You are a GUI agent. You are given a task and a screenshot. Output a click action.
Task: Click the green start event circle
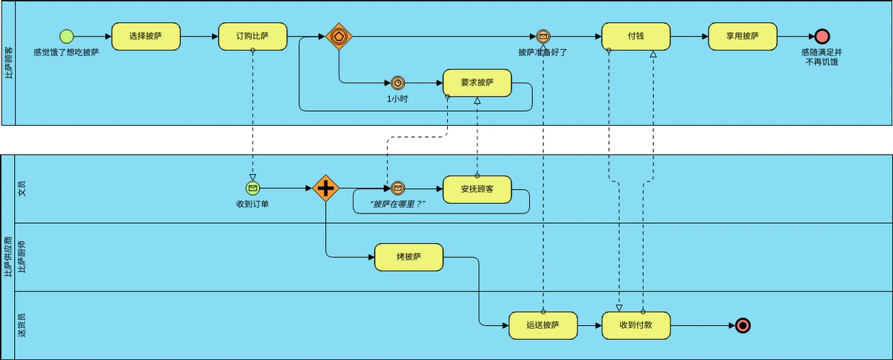pyautogui.click(x=66, y=36)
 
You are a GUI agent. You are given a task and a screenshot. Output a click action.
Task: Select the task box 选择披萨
pyautogui.click(x=146, y=36)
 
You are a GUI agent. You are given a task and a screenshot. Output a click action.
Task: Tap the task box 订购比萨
pyautogui.click(x=252, y=36)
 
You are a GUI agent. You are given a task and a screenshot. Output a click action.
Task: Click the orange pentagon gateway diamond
pyautogui.click(x=339, y=36)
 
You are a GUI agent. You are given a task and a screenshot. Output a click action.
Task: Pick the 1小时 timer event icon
pyautogui.click(x=397, y=83)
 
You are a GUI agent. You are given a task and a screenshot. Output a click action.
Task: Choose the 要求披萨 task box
pyautogui.click(x=477, y=83)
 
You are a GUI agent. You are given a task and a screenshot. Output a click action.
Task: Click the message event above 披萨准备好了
pyautogui.click(x=543, y=36)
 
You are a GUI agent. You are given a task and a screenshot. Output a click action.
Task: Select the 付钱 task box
pyautogui.click(x=636, y=36)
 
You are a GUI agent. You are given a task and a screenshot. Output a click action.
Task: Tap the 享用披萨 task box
pyautogui.click(x=743, y=36)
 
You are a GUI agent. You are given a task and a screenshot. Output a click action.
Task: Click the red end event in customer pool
pyautogui.click(x=822, y=36)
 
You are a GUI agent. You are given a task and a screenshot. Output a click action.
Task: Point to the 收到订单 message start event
pyautogui.click(x=252, y=188)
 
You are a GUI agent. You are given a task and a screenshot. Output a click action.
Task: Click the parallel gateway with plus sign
pyautogui.click(x=325, y=188)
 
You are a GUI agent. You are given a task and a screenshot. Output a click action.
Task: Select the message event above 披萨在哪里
pyautogui.click(x=397, y=188)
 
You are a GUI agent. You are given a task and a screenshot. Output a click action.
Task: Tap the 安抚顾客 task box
pyautogui.click(x=477, y=188)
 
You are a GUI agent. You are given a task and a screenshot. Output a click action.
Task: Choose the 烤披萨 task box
pyautogui.click(x=409, y=257)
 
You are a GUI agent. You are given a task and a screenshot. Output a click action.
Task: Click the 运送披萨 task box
pyautogui.click(x=542, y=325)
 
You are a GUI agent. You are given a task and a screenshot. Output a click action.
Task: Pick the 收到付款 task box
pyautogui.click(x=636, y=325)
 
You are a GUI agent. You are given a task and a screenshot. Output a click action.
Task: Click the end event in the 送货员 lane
pyautogui.click(x=742, y=325)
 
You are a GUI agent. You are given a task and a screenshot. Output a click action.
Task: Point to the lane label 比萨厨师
pyautogui.click(x=22, y=257)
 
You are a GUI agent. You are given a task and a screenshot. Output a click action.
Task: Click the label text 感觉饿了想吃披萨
pyautogui.click(x=66, y=53)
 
